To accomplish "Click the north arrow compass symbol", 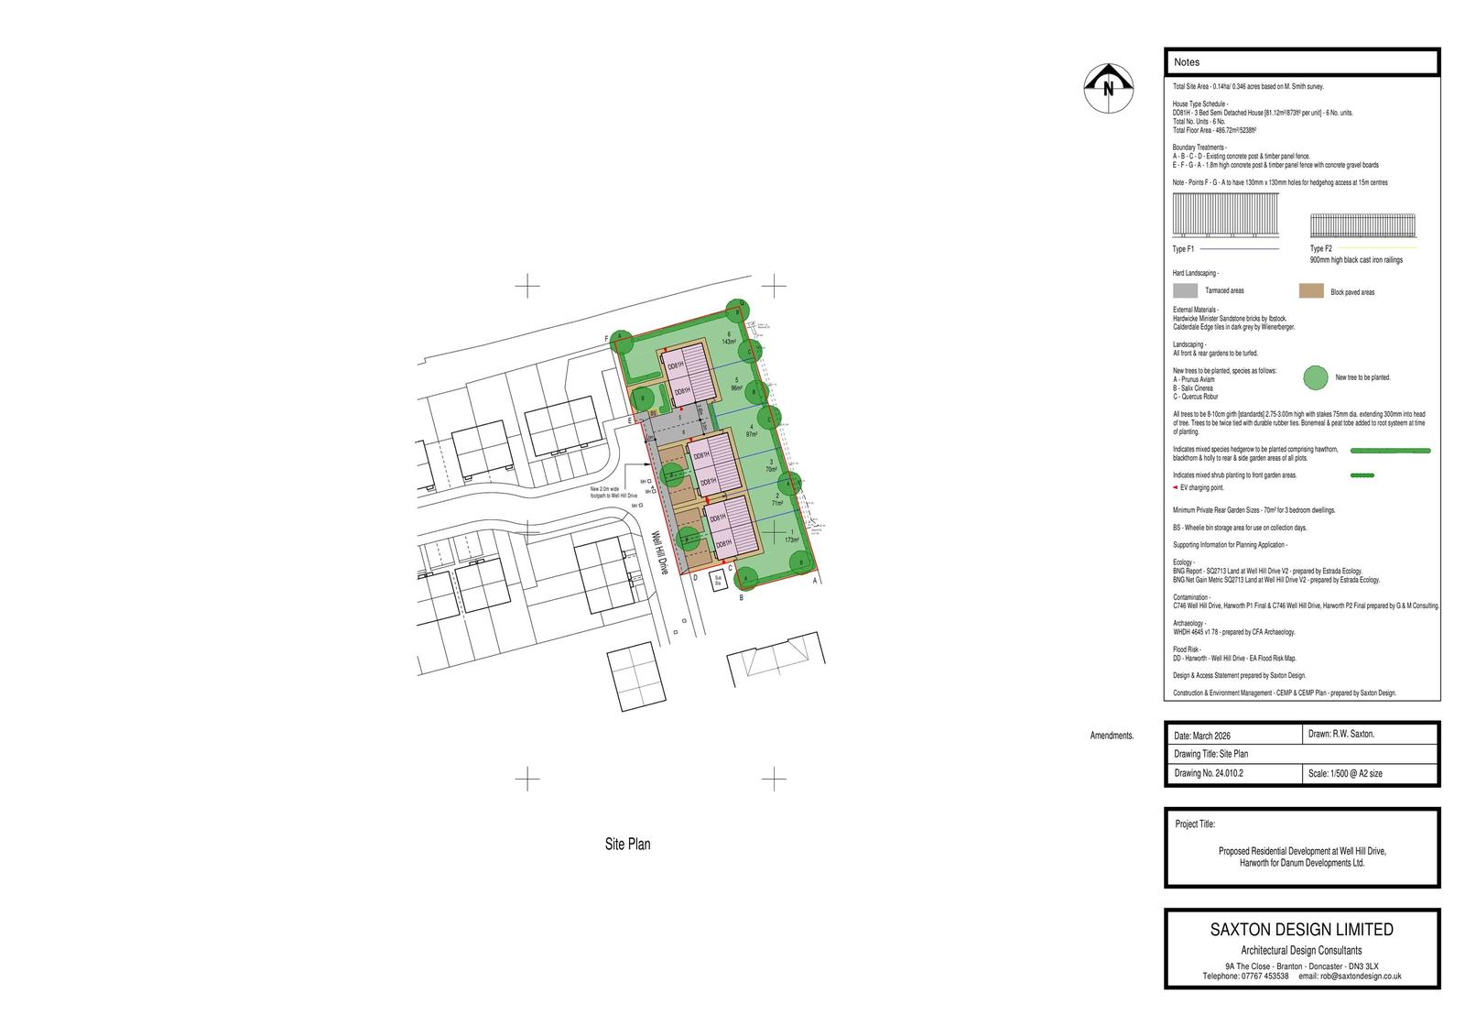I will tap(1109, 89).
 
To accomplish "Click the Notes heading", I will tap(1187, 62).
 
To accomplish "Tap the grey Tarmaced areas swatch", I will tap(1186, 290).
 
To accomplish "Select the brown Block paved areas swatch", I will tap(1311, 291).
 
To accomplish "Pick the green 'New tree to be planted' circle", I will tap(1316, 377).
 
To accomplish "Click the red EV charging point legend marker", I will tap(1176, 488).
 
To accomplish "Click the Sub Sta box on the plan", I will tap(720, 579).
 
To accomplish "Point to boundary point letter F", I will tap(606, 339).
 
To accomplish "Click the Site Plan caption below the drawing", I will tap(627, 844).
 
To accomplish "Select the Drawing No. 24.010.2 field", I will tap(1209, 773).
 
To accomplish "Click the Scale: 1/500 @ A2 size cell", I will tap(1345, 773).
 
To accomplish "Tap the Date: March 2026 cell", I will tap(1202, 736).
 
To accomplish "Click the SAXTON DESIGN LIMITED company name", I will tap(1301, 930).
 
